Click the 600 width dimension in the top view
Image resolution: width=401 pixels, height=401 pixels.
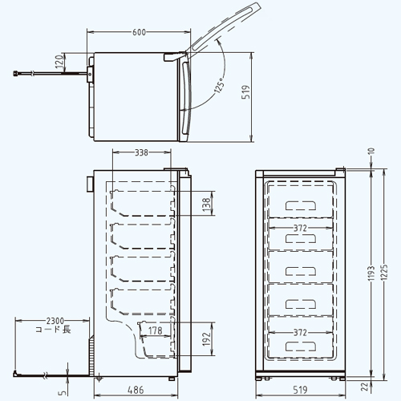139,32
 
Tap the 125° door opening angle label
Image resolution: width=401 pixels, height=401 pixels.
220,85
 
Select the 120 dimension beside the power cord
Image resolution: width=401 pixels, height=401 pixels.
60,61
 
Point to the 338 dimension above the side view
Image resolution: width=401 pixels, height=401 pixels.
141,152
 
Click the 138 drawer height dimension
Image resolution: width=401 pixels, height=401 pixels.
207,205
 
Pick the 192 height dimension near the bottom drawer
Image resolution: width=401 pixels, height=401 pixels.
207,339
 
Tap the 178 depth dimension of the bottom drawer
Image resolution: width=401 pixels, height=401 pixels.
156,330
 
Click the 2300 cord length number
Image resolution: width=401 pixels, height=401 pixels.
55,321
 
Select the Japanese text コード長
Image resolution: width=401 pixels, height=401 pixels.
54,330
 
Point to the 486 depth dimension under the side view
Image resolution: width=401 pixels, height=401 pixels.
136,390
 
